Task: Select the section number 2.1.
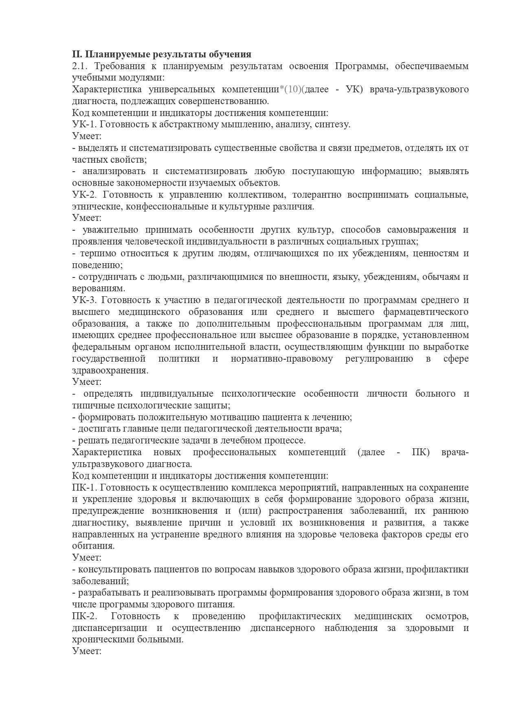[80, 66]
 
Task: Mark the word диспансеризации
[110, 628]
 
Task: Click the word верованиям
[98, 288]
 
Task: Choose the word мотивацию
[237, 417]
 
